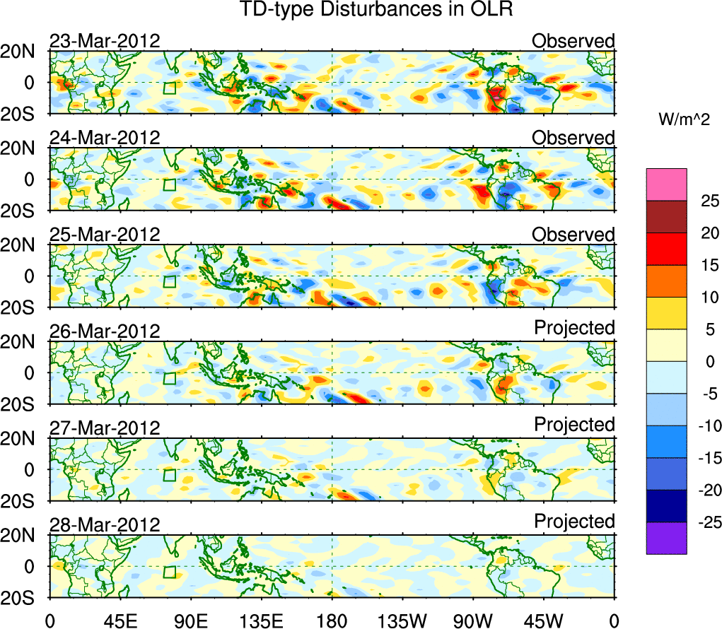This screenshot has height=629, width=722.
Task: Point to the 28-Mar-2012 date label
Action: (105, 524)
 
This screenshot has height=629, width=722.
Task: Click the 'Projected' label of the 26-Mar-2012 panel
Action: (574, 328)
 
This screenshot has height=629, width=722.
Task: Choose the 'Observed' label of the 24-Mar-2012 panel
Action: (573, 138)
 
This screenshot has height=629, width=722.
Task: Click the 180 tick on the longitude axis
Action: (332, 621)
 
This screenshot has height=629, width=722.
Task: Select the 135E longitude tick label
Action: (261, 621)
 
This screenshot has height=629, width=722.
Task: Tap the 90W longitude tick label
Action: (473, 621)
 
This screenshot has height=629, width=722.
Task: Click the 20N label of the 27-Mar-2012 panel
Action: (23, 439)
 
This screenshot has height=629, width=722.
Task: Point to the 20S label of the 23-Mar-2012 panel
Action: (23, 114)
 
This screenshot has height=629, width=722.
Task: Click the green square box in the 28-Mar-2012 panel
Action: (169, 572)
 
